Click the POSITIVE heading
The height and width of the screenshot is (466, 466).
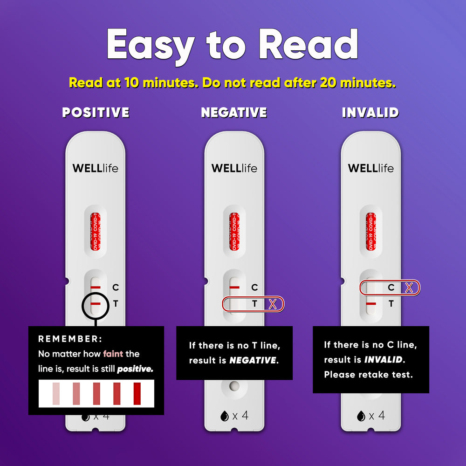pos(96,112)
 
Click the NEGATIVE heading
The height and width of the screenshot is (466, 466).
pos(234,112)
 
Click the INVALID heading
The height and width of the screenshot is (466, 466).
pos(370,112)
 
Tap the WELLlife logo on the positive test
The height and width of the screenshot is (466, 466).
pos(96,168)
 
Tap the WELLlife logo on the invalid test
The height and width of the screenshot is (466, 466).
pos(370,168)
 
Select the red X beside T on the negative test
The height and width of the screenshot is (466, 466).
pos(273,304)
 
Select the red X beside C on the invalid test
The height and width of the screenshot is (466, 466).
pos(409,288)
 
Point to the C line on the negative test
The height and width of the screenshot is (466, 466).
pos(234,288)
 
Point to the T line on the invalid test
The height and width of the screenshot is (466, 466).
pos(371,304)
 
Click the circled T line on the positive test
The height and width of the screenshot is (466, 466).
pos(96,304)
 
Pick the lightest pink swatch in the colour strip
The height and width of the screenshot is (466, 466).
pos(56,393)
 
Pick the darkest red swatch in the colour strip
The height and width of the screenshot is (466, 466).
pos(137,393)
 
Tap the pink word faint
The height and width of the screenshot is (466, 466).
pos(113,354)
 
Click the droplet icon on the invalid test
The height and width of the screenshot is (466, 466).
pos(360,416)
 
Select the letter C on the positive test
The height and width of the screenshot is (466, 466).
pos(116,288)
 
